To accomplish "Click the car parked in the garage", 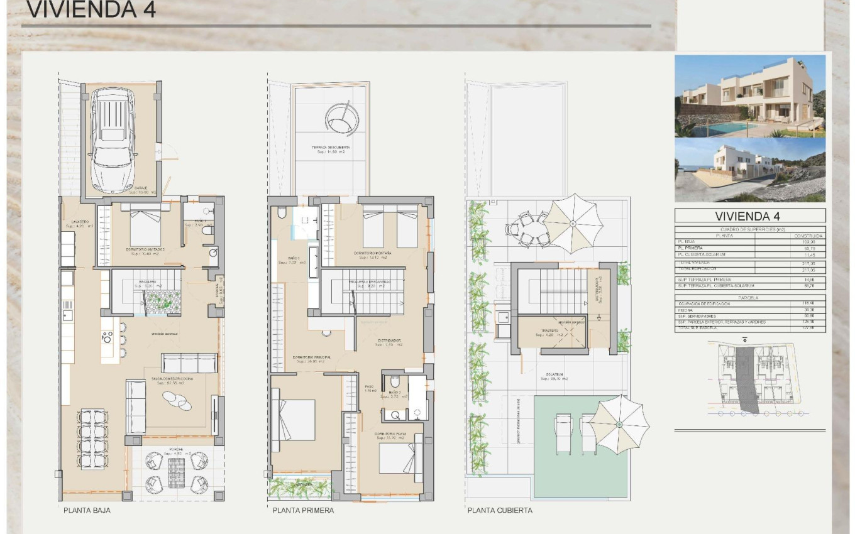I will [x=113, y=139].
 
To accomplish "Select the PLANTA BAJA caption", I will [x=87, y=511].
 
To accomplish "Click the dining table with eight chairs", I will [x=93, y=437].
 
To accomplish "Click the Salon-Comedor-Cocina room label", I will [x=171, y=379].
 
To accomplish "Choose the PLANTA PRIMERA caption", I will [x=303, y=511].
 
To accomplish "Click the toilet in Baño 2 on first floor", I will [x=394, y=382].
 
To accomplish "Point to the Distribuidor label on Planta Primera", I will [x=389, y=342].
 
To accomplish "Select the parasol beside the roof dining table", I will [x=573, y=223].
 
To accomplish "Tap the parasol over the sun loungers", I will [x=619, y=424].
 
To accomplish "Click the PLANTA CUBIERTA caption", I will [x=500, y=511].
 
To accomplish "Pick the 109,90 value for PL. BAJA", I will [x=815, y=241].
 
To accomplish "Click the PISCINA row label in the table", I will [x=687, y=310].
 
